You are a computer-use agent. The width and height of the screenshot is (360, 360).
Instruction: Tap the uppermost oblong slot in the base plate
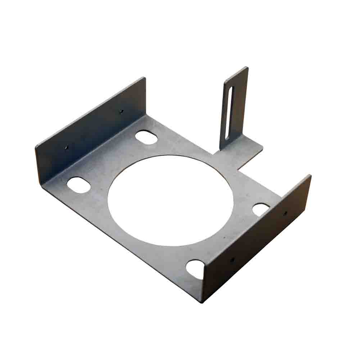coord(146,137)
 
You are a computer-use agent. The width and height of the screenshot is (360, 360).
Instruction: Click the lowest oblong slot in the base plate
coord(195,269)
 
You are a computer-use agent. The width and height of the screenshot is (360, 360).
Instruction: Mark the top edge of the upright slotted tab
coord(236,72)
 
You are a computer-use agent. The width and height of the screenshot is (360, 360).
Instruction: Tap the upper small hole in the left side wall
coord(121,111)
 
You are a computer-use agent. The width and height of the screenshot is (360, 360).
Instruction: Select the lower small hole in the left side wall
coord(66,147)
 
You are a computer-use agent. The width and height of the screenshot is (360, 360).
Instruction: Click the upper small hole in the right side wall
coord(284,214)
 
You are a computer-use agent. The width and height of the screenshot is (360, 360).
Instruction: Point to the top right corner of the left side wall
coord(145,78)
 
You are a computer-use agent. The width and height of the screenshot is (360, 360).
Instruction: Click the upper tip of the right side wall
coord(310,175)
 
